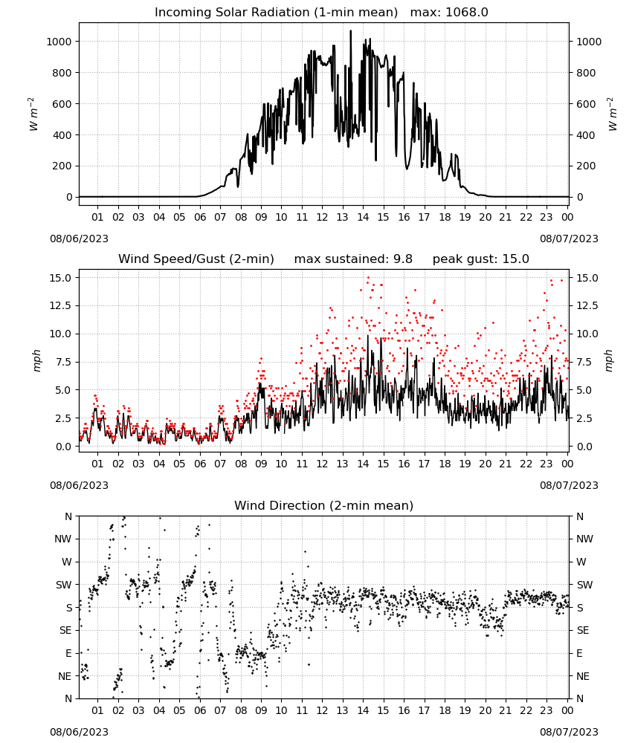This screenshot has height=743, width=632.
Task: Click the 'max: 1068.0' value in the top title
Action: pos(449,12)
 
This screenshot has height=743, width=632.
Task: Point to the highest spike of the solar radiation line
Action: pos(351,31)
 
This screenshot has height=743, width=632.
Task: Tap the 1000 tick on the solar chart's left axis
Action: pos(59,42)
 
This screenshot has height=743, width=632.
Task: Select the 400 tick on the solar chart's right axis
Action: pos(586,135)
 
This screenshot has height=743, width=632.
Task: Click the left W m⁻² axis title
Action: pos(33,114)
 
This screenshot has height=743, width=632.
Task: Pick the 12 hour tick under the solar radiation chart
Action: pos(322,217)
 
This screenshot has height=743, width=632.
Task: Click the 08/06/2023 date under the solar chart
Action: pos(79,239)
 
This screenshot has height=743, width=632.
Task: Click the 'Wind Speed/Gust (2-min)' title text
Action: pos(196,259)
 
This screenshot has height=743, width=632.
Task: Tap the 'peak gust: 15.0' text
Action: pos(481,259)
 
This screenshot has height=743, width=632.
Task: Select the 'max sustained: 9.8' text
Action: pos(353,259)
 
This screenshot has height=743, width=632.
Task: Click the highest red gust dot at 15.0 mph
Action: pos(368,278)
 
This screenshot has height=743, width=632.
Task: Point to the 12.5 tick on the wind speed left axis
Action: pos(60,305)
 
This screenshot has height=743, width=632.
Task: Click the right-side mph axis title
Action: pos(609,360)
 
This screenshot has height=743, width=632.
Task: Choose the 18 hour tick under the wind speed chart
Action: pos(445,464)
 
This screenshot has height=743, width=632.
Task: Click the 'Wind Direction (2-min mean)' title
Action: pos(324,505)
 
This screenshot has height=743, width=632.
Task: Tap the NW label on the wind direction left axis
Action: pos(63,539)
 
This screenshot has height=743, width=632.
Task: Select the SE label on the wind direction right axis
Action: pos(583,630)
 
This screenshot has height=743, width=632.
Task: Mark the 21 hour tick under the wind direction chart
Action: pos(506,710)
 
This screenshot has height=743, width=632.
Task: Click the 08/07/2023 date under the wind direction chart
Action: pos(569,732)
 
